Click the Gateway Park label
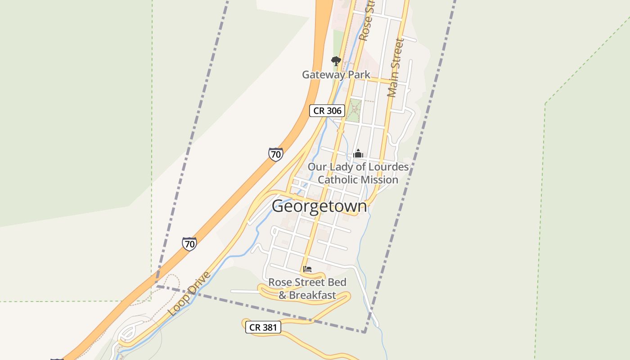(336, 75)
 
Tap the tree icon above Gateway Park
(336, 61)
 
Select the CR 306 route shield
(327, 111)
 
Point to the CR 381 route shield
(263, 327)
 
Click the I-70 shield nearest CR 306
(276, 154)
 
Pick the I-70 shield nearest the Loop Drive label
(189, 244)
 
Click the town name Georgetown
(319, 206)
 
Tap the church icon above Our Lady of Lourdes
(358, 154)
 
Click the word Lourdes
(389, 167)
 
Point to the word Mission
(381, 180)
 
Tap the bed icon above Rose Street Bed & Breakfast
(307, 269)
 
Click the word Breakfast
(312, 296)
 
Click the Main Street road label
(396, 67)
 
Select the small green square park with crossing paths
(355, 111)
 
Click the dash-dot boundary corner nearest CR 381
(364, 332)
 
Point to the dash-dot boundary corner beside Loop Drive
(157, 286)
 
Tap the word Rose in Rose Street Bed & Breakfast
(279, 283)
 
